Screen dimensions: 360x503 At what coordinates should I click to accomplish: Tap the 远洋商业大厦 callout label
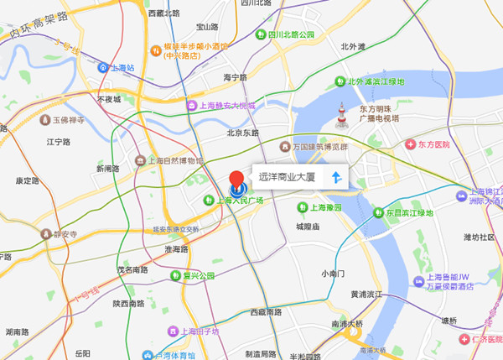[x=286, y=178]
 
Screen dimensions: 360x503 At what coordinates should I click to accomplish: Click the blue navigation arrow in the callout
[x=335, y=178]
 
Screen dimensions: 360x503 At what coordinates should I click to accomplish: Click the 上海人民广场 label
[x=240, y=201]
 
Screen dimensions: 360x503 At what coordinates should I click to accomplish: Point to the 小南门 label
[x=333, y=274]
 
